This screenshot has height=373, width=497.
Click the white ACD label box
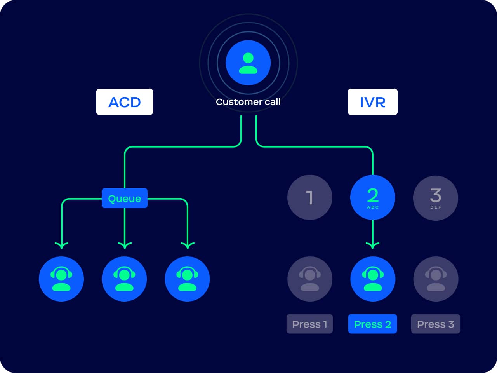click(124, 102)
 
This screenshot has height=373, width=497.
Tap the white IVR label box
click(372, 102)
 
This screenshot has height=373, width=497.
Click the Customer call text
click(248, 102)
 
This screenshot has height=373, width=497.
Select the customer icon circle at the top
click(248, 63)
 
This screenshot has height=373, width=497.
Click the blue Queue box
click(124, 198)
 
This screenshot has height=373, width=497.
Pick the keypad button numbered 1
click(309, 197)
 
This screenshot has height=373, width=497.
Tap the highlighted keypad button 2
click(372, 197)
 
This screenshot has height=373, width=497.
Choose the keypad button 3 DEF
click(435, 197)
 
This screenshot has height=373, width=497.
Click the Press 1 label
click(309, 324)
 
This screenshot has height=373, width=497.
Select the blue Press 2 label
click(372, 324)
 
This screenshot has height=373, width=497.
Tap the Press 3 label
click(435, 324)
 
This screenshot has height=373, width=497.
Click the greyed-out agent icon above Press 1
click(309, 279)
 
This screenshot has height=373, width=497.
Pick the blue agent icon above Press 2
click(372, 279)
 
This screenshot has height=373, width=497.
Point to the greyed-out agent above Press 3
click(435, 279)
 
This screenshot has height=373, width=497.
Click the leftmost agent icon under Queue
click(61, 279)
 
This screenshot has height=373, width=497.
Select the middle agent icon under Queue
click(124, 279)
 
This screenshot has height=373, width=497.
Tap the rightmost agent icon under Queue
click(187, 279)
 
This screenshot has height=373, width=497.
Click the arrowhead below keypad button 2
click(372, 245)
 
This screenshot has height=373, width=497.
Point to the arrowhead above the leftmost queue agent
click(61, 245)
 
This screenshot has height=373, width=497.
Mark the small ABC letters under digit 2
click(372, 207)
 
